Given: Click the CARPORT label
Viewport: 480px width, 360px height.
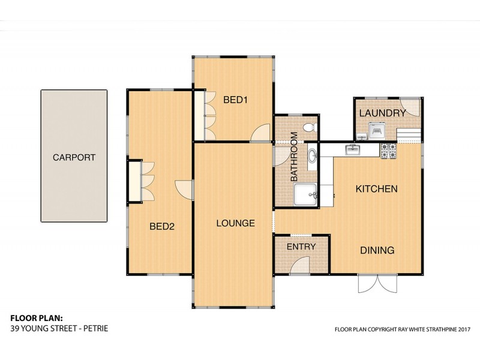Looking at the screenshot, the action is click(x=74, y=157).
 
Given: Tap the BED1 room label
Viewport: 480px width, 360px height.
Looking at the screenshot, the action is click(x=235, y=100).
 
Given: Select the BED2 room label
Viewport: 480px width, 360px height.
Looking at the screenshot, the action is click(x=162, y=227).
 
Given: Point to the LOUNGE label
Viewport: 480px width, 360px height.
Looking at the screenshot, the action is click(x=235, y=223).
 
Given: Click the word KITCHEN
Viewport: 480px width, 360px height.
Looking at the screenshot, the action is click(x=377, y=188).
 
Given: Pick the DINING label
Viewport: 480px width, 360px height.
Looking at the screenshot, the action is click(x=377, y=250).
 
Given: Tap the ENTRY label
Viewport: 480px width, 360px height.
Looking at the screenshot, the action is click(x=301, y=247).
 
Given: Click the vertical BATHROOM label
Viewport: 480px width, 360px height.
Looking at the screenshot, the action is click(x=294, y=157).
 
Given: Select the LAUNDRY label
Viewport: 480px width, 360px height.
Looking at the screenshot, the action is click(x=382, y=113).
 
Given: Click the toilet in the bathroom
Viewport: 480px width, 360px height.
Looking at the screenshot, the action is click(x=310, y=127).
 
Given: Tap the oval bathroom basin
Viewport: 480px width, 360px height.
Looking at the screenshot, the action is click(x=313, y=156).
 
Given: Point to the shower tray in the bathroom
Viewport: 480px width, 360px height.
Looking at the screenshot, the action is click(x=305, y=194).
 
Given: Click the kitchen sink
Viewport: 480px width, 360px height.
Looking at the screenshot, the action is click(x=353, y=150).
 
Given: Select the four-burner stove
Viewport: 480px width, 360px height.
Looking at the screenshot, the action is click(x=388, y=151).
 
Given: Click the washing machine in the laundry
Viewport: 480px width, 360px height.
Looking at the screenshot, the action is click(x=376, y=131).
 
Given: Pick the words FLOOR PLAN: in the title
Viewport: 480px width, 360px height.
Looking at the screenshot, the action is click(x=37, y=318).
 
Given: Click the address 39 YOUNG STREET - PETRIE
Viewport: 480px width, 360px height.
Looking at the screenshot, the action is click(x=59, y=329).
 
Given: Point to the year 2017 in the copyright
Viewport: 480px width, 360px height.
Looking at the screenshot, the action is click(x=464, y=329).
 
